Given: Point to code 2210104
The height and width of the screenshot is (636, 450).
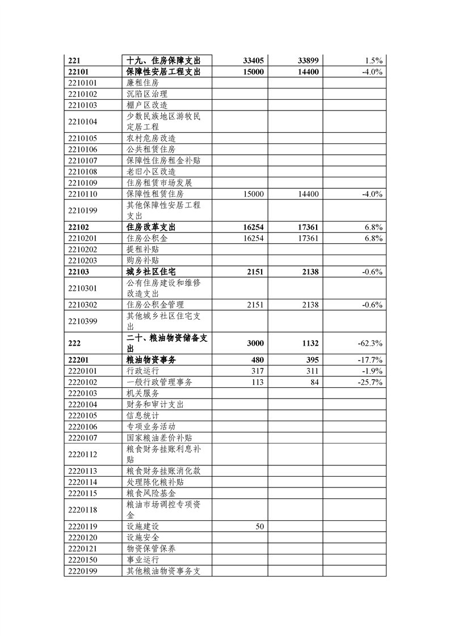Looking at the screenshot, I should pos(82,121).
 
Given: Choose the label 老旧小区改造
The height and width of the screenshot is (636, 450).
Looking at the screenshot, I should pos(151,171).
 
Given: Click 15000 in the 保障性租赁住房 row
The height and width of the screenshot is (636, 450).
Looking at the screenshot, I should pos(253,194).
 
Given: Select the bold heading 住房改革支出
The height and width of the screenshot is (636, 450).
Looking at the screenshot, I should pos(151,227).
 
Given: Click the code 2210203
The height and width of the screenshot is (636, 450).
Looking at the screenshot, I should pos(82,260).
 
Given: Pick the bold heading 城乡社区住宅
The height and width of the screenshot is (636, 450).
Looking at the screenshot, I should pos(151,272).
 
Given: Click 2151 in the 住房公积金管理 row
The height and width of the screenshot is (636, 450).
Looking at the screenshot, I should pos(255,305).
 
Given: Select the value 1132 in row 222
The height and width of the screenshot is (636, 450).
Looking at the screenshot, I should pos(310,344).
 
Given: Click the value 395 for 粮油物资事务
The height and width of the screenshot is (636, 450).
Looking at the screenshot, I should pos(313,360).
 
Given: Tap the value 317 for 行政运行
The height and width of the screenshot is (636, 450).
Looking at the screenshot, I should pos(257,371).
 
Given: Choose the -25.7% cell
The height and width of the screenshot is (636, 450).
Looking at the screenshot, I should pos(371,382).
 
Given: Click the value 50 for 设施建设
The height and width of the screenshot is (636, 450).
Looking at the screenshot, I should pos(259,527).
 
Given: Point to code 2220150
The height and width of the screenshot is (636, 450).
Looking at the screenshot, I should pos(82,560).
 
